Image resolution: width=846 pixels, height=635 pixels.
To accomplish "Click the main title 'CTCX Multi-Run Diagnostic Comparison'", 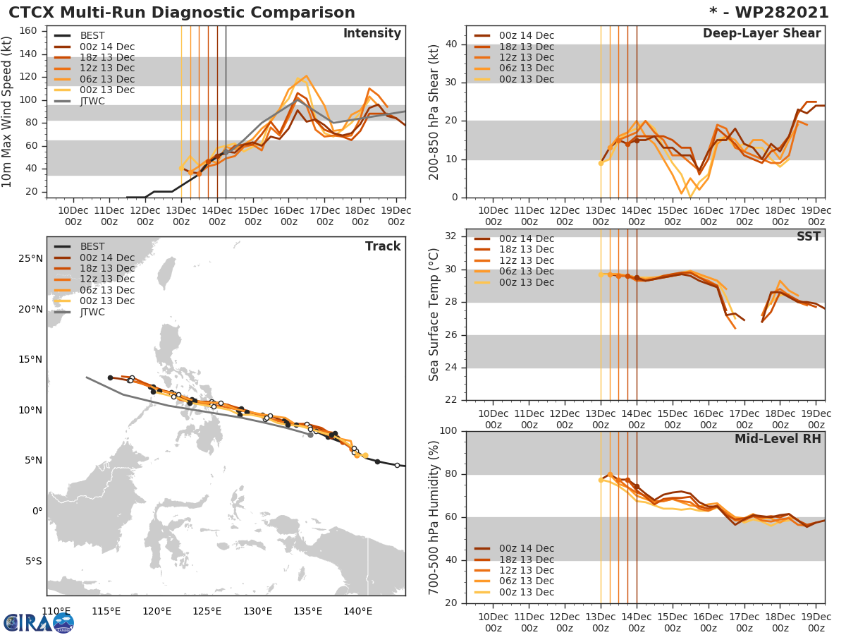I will tap(182, 13).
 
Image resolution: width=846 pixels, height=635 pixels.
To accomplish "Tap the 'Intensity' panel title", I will tap(372, 34).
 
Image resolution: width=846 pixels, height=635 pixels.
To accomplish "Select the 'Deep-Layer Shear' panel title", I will tap(761, 34).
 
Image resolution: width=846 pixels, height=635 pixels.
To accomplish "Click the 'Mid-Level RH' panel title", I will tap(778, 439).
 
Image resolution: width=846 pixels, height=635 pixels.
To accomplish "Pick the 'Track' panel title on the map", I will tap(383, 246).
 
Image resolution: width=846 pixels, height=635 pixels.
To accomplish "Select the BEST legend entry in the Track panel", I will tap(92, 246).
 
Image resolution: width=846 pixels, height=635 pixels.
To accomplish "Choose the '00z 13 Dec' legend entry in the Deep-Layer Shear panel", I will tap(526, 79).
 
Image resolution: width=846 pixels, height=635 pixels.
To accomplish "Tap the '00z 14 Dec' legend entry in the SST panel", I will tap(526, 238).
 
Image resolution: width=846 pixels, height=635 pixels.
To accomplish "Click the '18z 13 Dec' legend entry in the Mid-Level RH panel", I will tap(526, 560).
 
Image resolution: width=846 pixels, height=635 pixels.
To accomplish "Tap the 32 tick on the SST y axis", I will tap(451, 236).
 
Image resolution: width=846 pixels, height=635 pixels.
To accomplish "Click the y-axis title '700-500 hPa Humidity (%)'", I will tap(435, 516).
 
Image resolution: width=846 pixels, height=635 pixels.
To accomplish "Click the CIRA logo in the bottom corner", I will tap(38, 622).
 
